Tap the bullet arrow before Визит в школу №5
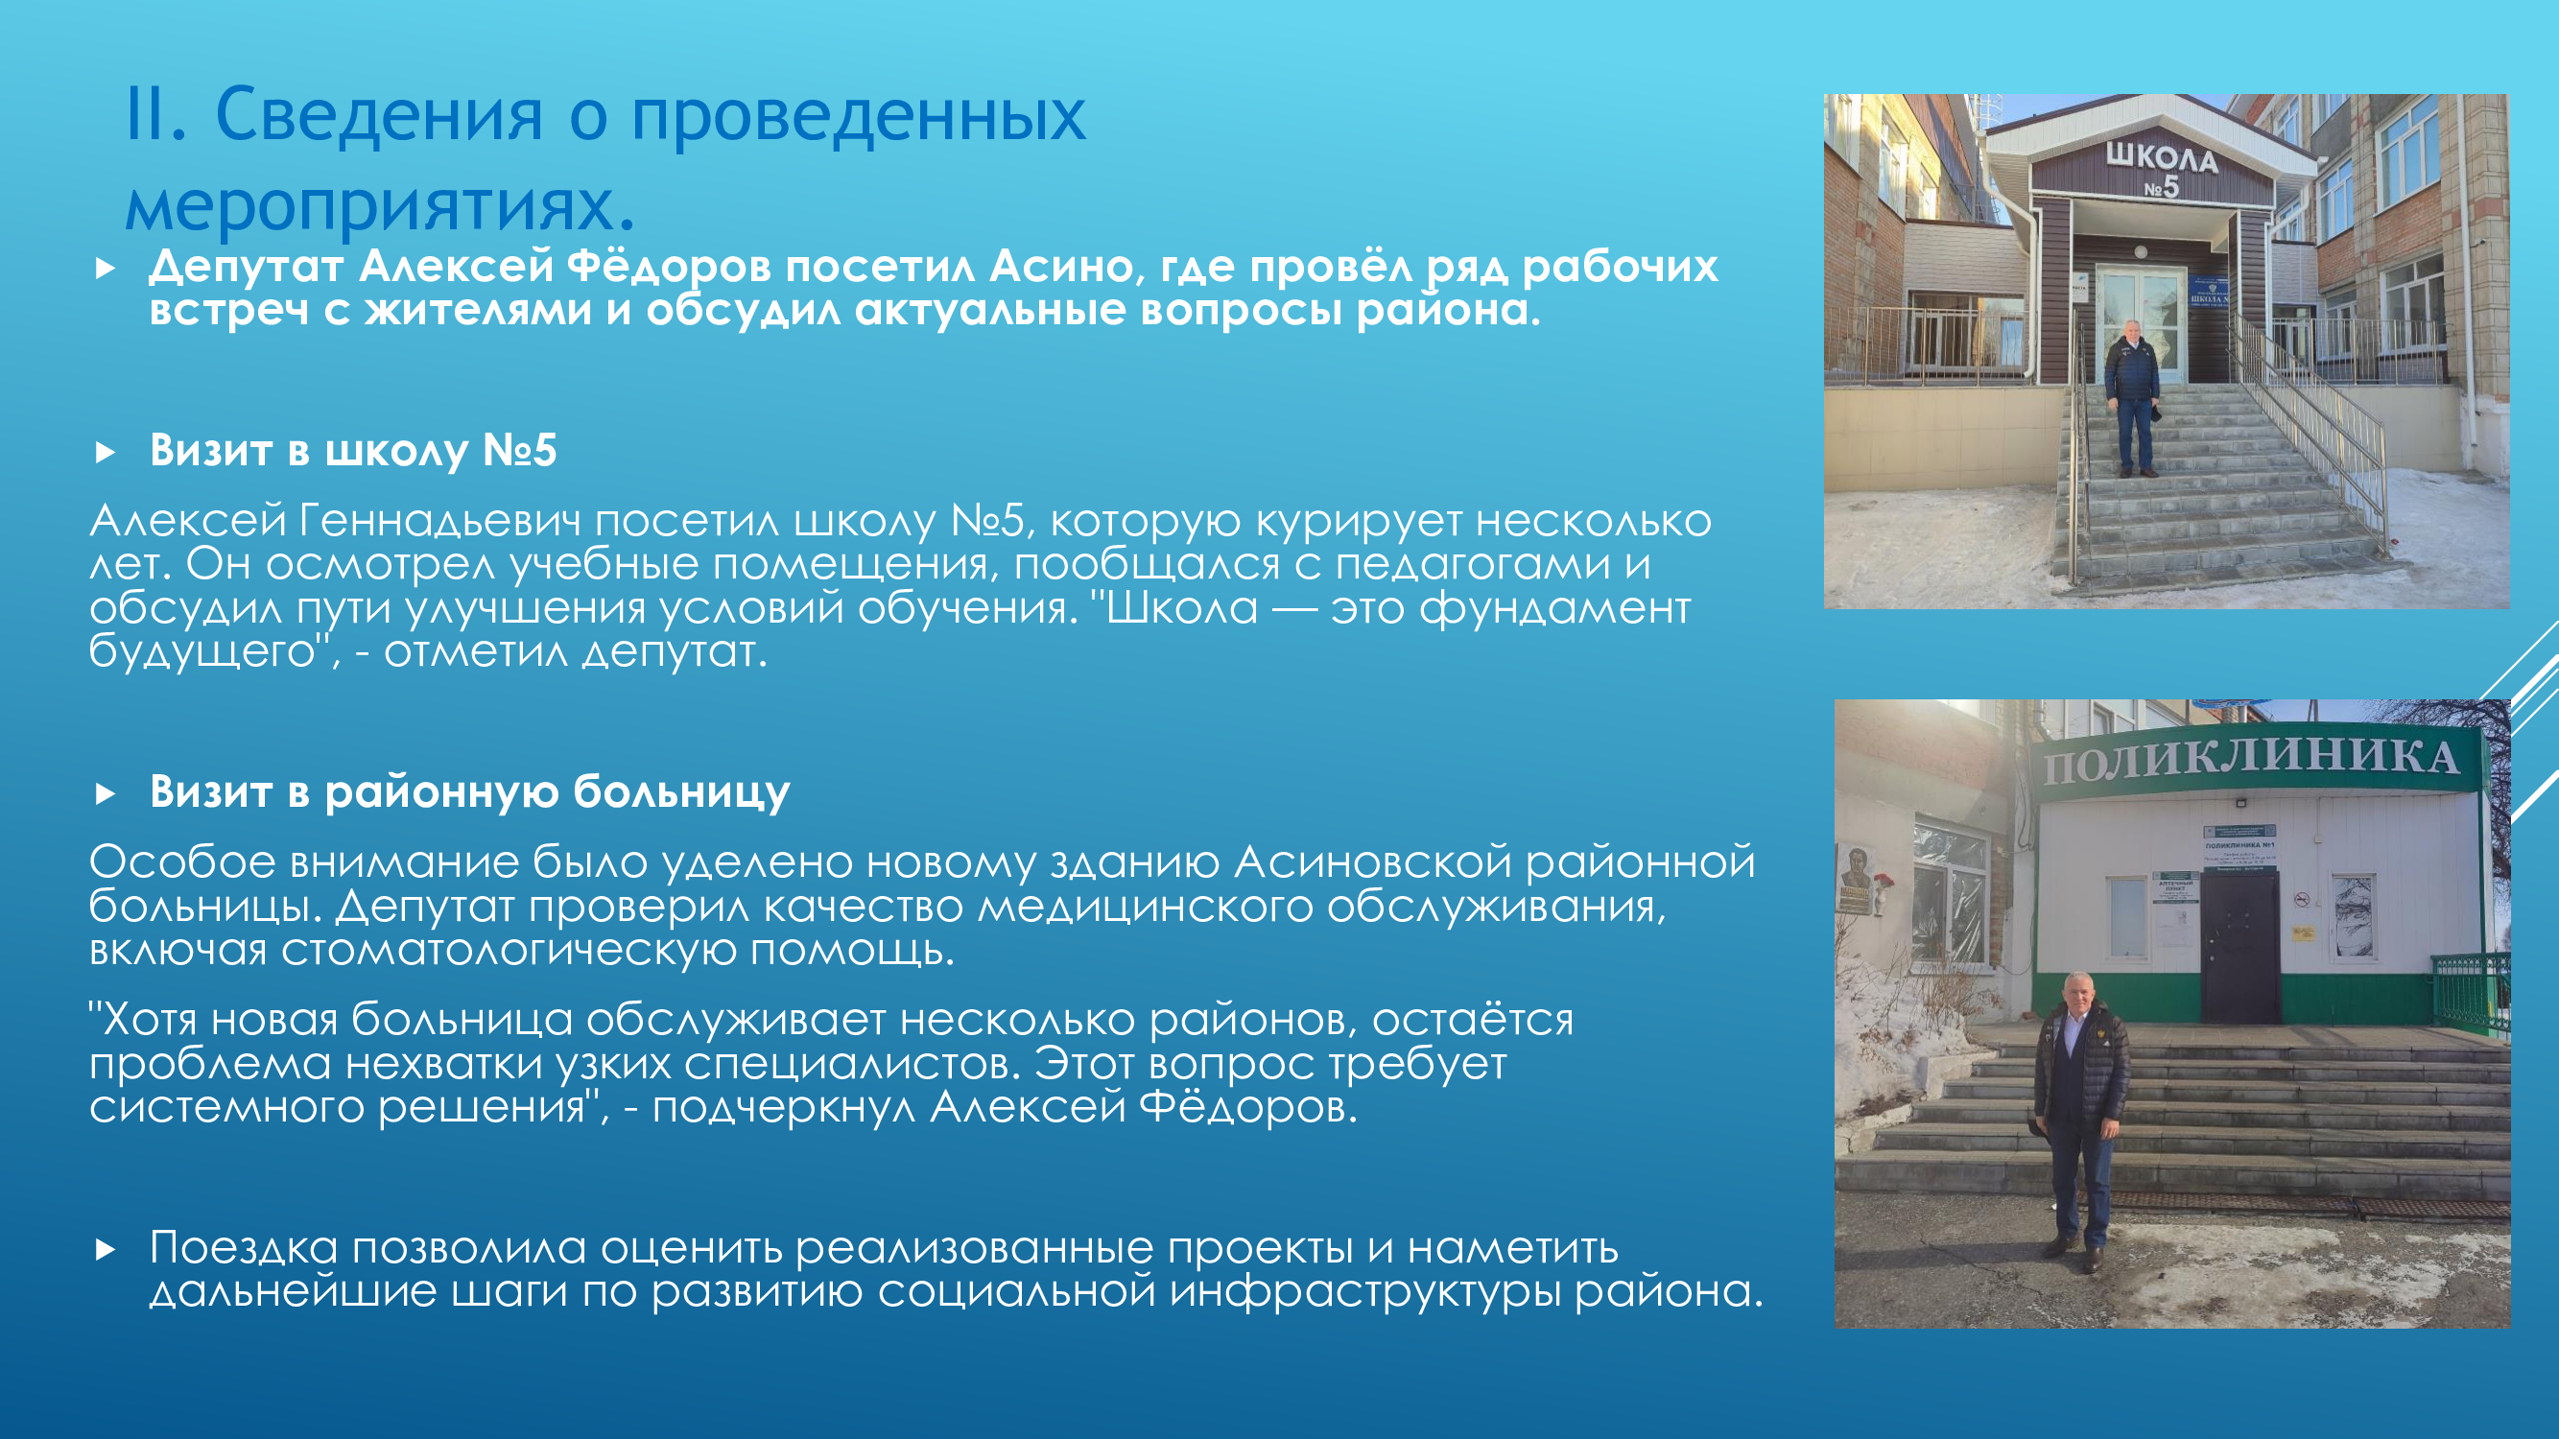[106, 453]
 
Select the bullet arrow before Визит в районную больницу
[106, 793]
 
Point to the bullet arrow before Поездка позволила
[106, 1249]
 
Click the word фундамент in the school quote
[1554, 609]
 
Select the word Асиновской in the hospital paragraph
[1373, 862]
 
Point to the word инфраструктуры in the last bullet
[1365, 1292]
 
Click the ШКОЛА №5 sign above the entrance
[2162, 169]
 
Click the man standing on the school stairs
[2131, 397]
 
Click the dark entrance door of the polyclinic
[2239, 948]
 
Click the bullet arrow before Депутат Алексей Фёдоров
[106, 269]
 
